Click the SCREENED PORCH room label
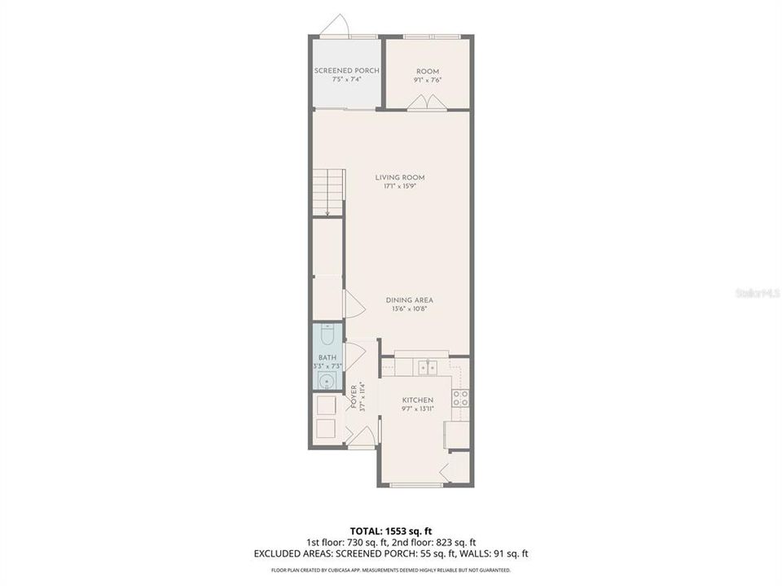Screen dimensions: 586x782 [346, 71]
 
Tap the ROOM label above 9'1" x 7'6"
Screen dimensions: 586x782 [428, 71]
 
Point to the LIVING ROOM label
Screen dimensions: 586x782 [399, 177]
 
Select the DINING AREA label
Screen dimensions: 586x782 [409, 300]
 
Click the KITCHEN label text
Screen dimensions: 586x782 [416, 400]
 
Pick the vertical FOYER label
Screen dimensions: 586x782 [354, 396]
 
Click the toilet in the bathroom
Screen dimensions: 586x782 [327, 335]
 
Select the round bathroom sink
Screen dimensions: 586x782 [327, 380]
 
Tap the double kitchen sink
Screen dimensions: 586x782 [427, 368]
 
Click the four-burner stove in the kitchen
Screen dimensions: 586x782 [460, 398]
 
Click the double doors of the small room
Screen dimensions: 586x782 [427, 102]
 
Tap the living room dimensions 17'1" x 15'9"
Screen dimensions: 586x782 [399, 186]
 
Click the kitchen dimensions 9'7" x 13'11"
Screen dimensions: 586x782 [416, 409]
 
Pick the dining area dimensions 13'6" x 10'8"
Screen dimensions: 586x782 [409, 308]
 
